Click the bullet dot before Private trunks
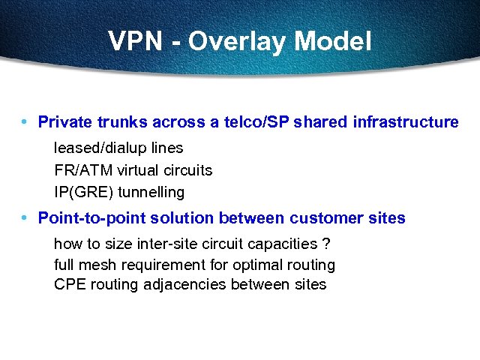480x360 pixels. [x=25, y=121]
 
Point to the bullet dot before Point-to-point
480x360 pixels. [x=25, y=217]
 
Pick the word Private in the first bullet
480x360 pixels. [x=64, y=121]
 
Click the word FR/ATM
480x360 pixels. [x=81, y=170]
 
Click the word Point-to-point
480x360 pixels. [x=87, y=218]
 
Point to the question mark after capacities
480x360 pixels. [x=326, y=244]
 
